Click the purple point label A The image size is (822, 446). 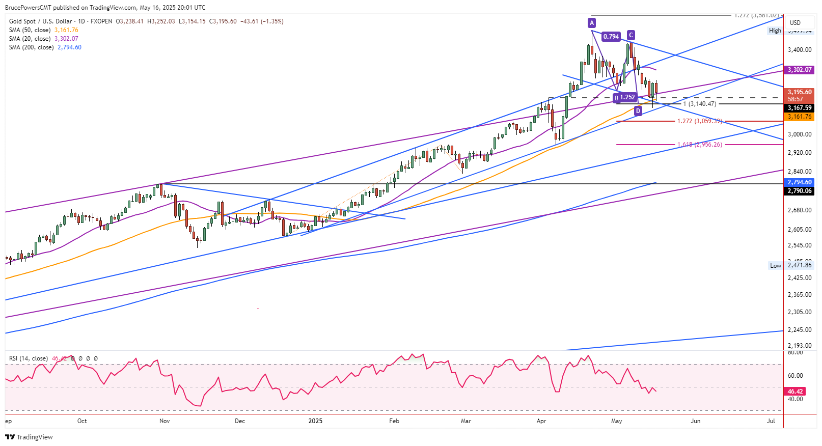click(x=591, y=22)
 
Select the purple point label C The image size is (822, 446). click(x=631, y=35)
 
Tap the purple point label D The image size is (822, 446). click(x=638, y=110)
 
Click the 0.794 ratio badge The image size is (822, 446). click(x=611, y=37)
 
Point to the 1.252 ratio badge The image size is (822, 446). click(x=627, y=97)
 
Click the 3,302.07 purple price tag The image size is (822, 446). click(x=800, y=70)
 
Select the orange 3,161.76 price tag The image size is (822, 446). click(x=800, y=117)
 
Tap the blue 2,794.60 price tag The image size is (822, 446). click(x=800, y=182)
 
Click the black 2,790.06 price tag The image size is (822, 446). click(x=800, y=191)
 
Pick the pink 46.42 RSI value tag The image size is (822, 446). click(x=796, y=392)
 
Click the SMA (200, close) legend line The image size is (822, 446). click(x=45, y=47)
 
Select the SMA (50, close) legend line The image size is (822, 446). click(x=43, y=30)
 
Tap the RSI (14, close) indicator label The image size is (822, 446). click(x=29, y=358)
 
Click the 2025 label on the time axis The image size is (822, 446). click(x=316, y=421)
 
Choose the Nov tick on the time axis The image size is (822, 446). click(x=165, y=421)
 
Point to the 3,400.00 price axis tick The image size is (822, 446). click(x=800, y=50)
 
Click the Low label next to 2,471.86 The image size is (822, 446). click(x=775, y=266)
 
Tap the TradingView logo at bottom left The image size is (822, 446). click(x=29, y=437)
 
